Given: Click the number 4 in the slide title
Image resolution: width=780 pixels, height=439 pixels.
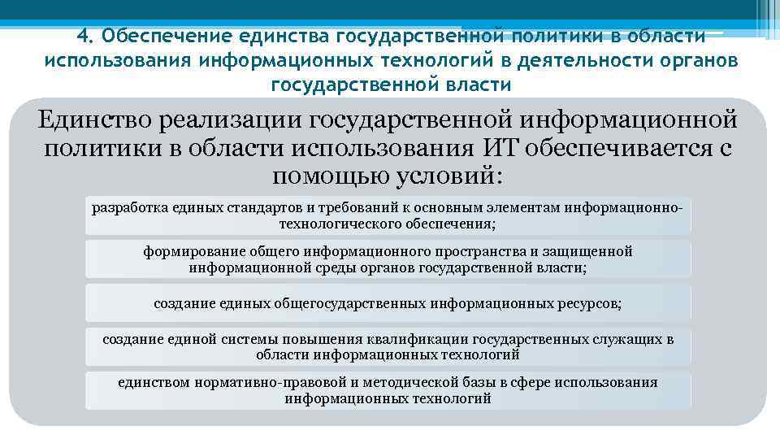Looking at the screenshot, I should [81, 37].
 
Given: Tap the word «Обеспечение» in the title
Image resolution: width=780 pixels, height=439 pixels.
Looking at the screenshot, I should [164, 37].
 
